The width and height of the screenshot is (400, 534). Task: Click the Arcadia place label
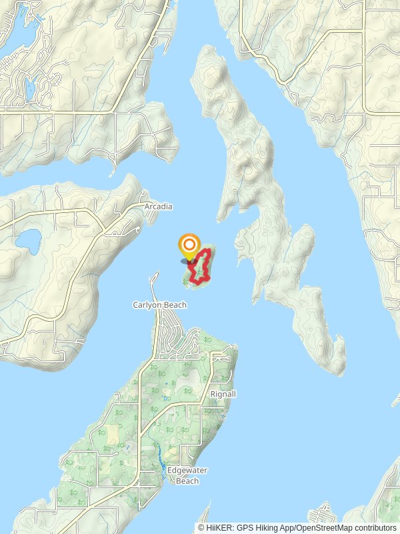click(x=158, y=207)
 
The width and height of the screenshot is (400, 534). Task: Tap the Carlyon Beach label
click(x=159, y=305)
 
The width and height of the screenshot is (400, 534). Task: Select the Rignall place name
click(x=223, y=394)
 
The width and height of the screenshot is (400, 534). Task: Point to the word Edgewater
click(x=187, y=471)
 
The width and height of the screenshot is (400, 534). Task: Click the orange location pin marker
click(x=189, y=246)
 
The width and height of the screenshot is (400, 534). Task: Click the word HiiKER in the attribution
click(x=218, y=528)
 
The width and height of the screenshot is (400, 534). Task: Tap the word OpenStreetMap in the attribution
click(x=319, y=528)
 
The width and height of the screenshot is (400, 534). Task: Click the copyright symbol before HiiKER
click(x=201, y=528)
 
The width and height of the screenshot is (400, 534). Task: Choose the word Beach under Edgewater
click(x=187, y=481)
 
